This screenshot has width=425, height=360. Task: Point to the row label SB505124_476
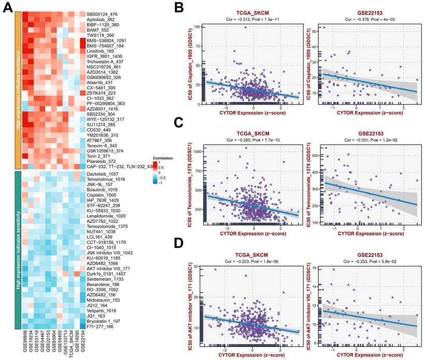[x=103, y=13]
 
